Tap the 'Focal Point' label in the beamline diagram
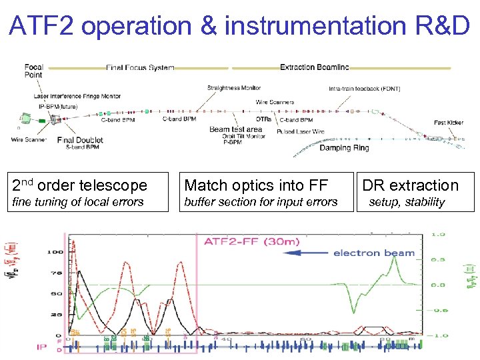pyautogui.click(x=33, y=71)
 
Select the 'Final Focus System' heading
pyautogui.click(x=140, y=67)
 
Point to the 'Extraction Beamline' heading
pyautogui.click(x=314, y=67)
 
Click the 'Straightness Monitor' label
pyautogui.click(x=233, y=87)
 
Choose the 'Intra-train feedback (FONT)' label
pyautogui.click(x=364, y=89)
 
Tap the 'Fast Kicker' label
pyautogui.click(x=448, y=123)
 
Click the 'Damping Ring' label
pyautogui.click(x=343, y=148)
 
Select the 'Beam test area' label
pyautogui.click(x=235, y=129)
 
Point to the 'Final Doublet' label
pyautogui.click(x=80, y=140)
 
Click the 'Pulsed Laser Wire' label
pyautogui.click(x=301, y=132)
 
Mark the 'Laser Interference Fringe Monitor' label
pyautogui.click(x=77, y=96)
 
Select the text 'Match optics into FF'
pyautogui.click(x=256, y=185)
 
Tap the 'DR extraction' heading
pyautogui.click(x=411, y=185)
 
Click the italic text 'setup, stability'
pyautogui.click(x=406, y=202)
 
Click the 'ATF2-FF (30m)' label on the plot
pyautogui.click(x=248, y=241)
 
